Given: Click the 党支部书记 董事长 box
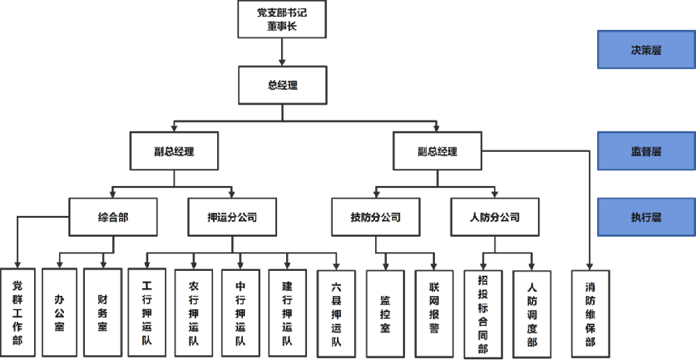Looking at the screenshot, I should (282, 19).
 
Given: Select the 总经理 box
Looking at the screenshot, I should (282, 86).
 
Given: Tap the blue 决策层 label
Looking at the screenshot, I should (646, 50).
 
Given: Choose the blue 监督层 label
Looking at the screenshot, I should (646, 151).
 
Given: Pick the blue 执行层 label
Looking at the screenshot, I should (646, 217).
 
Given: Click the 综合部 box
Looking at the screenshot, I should (113, 217).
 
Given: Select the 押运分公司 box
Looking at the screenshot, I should (232, 217).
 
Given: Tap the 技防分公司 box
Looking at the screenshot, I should (375, 217).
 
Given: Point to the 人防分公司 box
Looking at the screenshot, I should (495, 217).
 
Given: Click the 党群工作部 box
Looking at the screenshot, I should (17, 313).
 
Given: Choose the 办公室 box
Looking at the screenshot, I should (60, 313).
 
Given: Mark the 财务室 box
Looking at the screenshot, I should (103, 313).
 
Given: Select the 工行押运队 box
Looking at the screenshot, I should (147, 313).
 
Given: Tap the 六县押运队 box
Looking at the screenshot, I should (336, 313).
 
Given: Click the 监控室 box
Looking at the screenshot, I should (385, 313).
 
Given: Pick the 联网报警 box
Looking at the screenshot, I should (434, 313).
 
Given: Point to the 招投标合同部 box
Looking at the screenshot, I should (483, 313).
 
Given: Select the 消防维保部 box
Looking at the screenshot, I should (590, 313).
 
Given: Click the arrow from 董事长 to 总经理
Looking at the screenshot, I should (282, 52).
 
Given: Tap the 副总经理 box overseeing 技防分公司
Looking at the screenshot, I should (437, 151).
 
